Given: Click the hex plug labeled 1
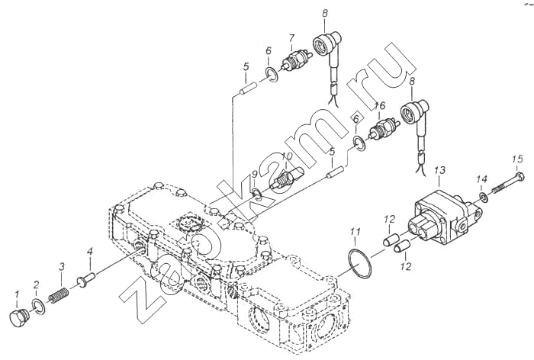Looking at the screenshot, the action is tap(21, 319).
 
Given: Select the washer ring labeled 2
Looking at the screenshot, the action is tap(39, 307).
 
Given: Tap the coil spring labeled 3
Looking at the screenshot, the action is tap(59, 295).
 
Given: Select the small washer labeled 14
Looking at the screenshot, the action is tap(482, 197).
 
